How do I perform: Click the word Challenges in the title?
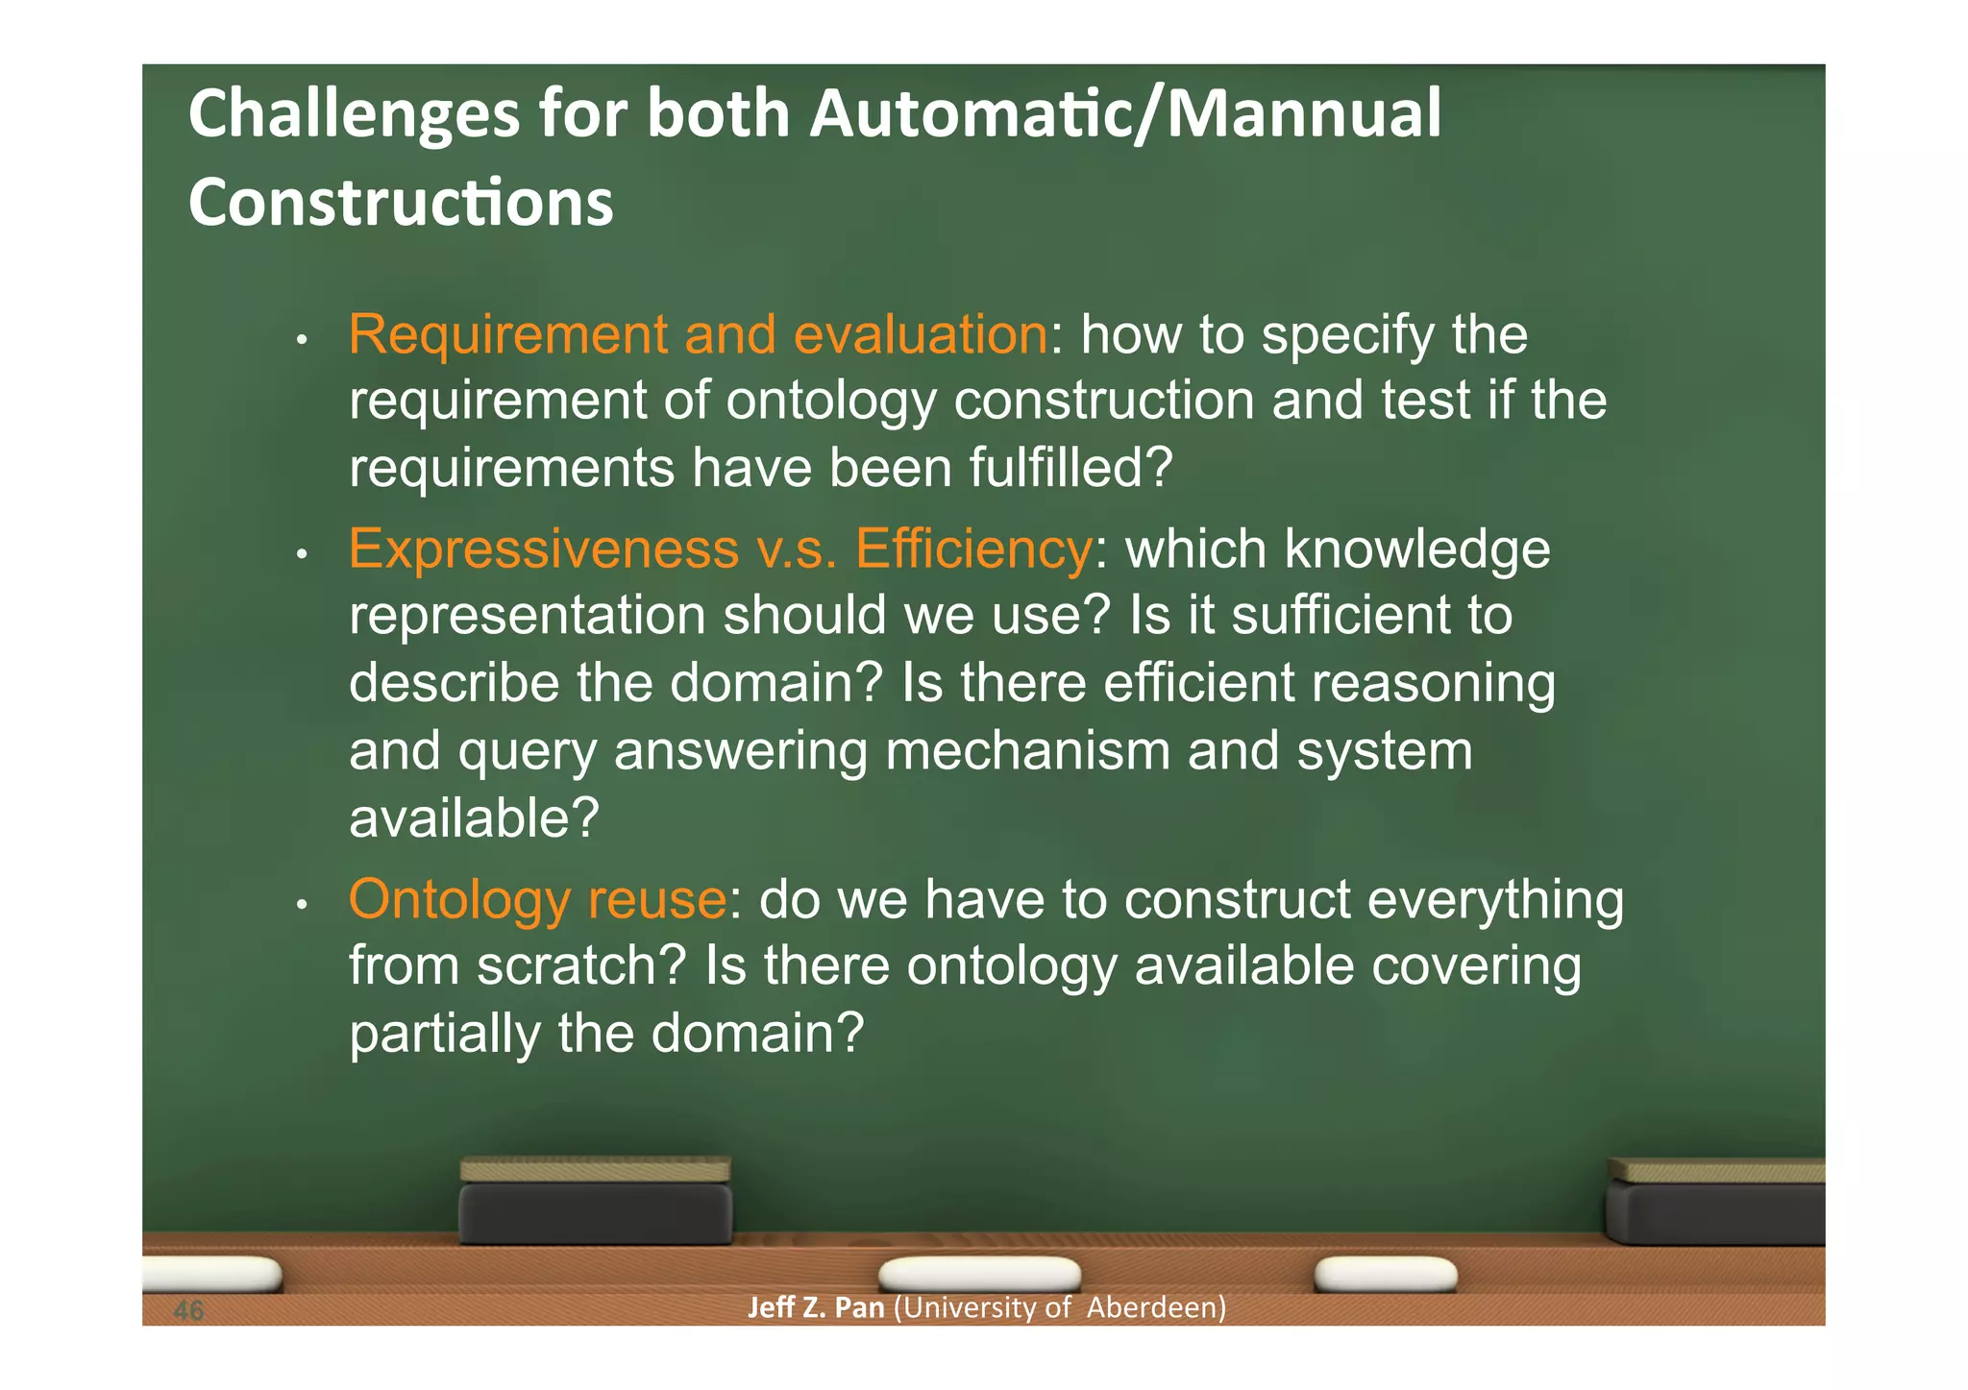[354, 115]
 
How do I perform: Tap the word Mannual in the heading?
[1303, 113]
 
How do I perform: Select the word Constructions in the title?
[401, 203]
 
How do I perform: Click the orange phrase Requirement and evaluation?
[698, 335]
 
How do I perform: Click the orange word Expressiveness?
[544, 549]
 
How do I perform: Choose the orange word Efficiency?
[972, 549]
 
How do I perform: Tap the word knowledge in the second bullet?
[1416, 549]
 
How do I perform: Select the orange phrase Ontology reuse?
[537, 900]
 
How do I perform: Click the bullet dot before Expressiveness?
[301, 554]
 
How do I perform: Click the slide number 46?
[189, 1310]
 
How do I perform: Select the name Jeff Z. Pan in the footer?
[815, 1308]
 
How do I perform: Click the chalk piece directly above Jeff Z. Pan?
[979, 1275]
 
